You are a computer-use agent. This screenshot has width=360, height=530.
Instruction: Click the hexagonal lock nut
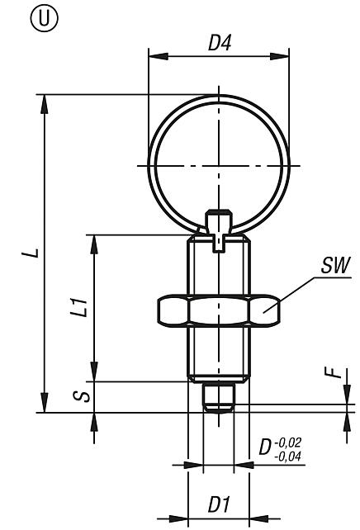tap(219, 310)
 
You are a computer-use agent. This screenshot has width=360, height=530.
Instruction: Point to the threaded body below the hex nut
tap(219, 351)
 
